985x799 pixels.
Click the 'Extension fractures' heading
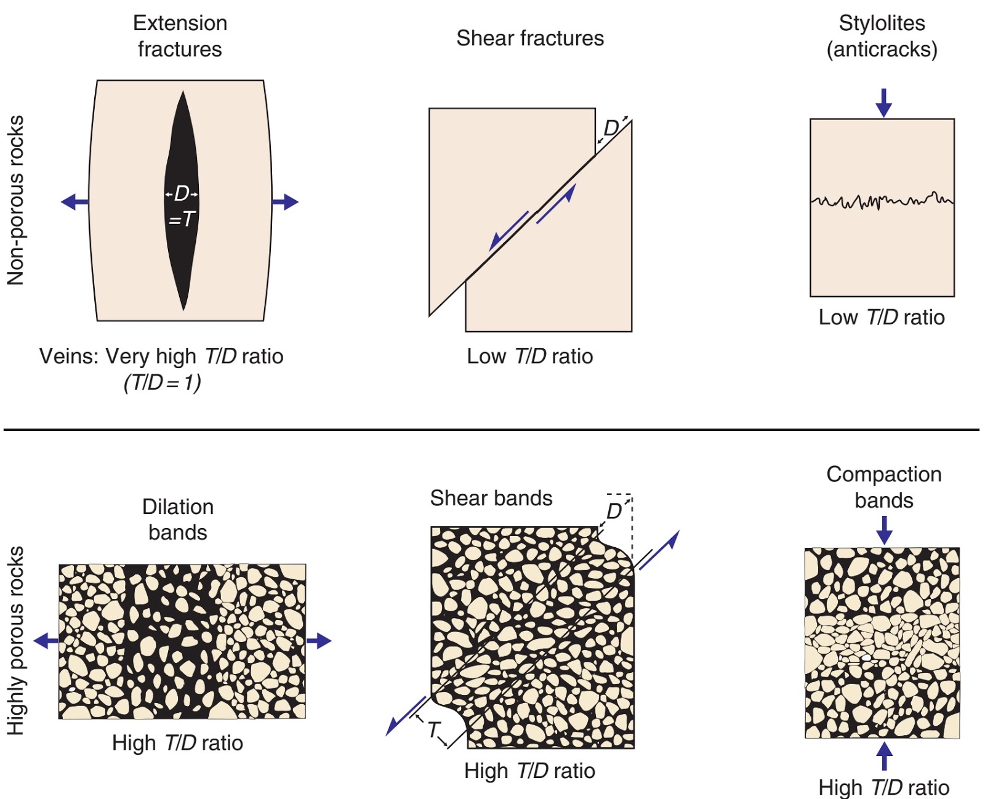click(180, 36)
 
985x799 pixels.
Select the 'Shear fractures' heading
click(530, 38)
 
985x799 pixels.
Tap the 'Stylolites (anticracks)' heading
click(882, 36)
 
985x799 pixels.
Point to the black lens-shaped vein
click(182, 200)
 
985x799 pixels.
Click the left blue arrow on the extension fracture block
click(74, 202)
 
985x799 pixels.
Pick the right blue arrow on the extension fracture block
click(285, 202)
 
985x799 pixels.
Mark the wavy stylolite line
click(882, 202)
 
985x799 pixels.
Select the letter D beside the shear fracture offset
click(611, 128)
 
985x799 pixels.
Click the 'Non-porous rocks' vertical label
click(15, 200)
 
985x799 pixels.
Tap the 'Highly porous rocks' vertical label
click(15, 640)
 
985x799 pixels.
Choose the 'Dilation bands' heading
click(178, 520)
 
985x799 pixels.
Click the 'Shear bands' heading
click(491, 498)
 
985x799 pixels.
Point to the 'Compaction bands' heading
click(883, 488)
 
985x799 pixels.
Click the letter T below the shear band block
click(433, 730)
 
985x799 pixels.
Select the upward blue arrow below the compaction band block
click(884, 755)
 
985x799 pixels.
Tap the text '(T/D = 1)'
click(163, 383)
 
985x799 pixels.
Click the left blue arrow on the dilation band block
click(46, 641)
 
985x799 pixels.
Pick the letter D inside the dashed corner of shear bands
click(614, 512)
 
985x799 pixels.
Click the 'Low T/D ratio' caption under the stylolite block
click(882, 318)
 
